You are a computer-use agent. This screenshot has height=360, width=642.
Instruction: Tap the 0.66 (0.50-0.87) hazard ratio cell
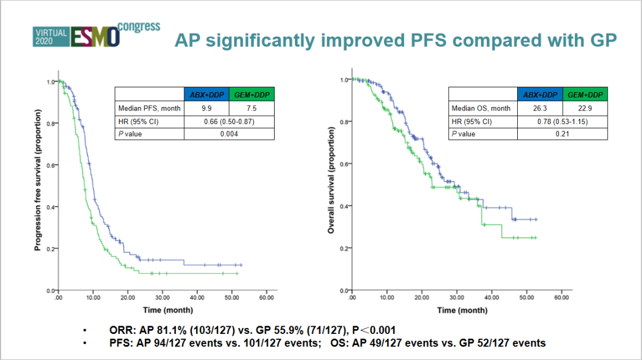point(229,121)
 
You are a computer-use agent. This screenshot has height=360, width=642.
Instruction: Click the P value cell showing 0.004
point(229,134)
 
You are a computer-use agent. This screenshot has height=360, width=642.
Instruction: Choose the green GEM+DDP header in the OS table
point(584,94)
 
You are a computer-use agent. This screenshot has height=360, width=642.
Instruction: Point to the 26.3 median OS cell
point(539,108)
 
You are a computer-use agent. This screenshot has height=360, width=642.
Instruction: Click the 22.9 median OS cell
point(584,108)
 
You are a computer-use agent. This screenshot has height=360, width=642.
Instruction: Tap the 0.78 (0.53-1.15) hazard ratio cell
point(562,121)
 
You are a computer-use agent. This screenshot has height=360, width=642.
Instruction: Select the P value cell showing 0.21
point(562,134)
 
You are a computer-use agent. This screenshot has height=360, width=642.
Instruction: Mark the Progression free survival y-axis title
point(37,179)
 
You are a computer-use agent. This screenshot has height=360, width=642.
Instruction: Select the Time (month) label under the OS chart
point(462,310)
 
